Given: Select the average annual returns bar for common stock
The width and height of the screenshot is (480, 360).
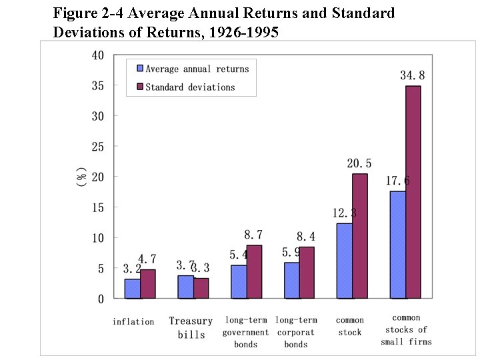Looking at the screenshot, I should coord(344,261).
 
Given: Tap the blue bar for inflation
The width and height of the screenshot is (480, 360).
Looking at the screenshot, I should coord(132,289).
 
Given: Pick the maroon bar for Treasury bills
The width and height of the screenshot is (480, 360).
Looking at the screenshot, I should coord(201,288).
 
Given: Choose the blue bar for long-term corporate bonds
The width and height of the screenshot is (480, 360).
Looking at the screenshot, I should coord(291,280).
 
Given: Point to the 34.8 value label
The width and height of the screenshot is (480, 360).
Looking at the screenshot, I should coord(412,76).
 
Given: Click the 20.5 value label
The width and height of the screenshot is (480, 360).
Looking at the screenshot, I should coord(359,163).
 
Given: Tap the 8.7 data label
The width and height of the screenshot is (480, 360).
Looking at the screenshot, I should coord(253,235).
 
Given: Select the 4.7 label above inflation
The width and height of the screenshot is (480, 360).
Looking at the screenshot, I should coord(147,259).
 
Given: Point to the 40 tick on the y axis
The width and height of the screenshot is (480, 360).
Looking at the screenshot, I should coord(97,55).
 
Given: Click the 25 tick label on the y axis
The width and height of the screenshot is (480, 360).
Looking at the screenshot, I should coord(97,147).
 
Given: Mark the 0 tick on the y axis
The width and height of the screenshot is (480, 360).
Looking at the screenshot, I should coord(101,299).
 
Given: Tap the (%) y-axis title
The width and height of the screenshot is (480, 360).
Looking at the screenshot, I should coord(81,177).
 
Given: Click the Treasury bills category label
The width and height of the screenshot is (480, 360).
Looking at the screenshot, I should coord(191,328).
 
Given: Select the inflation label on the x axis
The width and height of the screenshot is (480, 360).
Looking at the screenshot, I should coord(133,322).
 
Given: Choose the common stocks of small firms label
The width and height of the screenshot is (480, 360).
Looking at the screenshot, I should coord(406,330).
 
